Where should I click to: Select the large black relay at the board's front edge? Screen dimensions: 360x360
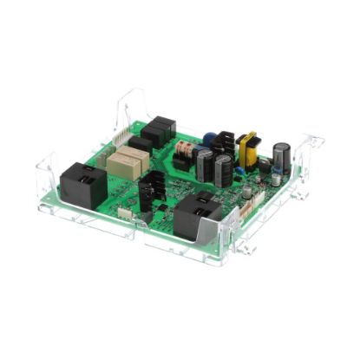[198, 217]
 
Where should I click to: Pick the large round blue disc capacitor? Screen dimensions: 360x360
[210, 138]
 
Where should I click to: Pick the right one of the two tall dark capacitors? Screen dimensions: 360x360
[224, 169]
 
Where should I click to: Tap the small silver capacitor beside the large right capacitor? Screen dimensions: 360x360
[276, 180]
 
